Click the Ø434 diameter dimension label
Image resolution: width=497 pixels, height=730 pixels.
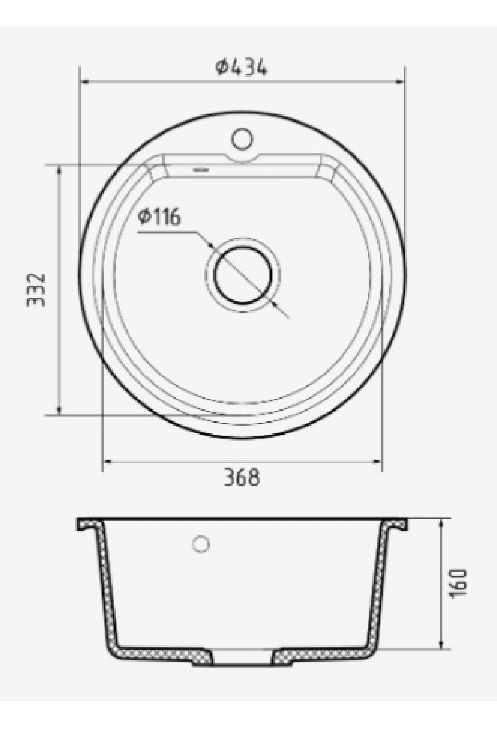click(241, 68)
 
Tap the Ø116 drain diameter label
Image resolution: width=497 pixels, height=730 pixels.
click(160, 217)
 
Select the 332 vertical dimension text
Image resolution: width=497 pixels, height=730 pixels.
click(35, 290)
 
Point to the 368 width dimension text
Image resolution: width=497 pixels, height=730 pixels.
click(242, 477)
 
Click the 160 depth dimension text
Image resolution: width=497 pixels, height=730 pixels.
click(458, 583)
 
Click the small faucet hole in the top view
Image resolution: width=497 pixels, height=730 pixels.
click(242, 139)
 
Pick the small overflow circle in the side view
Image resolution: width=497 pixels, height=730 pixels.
click(201, 544)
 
